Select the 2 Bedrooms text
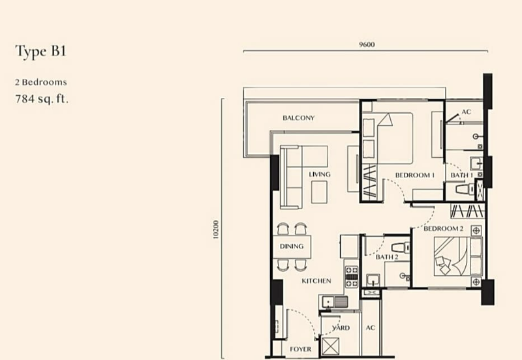(x=41, y=83)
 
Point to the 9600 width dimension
(x=367, y=44)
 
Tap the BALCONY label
(x=299, y=118)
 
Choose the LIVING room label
(x=320, y=174)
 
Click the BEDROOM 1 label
(x=415, y=175)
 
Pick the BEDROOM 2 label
(x=443, y=228)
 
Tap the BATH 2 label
(x=386, y=257)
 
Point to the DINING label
(x=291, y=247)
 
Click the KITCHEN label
(x=316, y=281)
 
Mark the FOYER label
(x=301, y=349)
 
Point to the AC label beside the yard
(x=370, y=327)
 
